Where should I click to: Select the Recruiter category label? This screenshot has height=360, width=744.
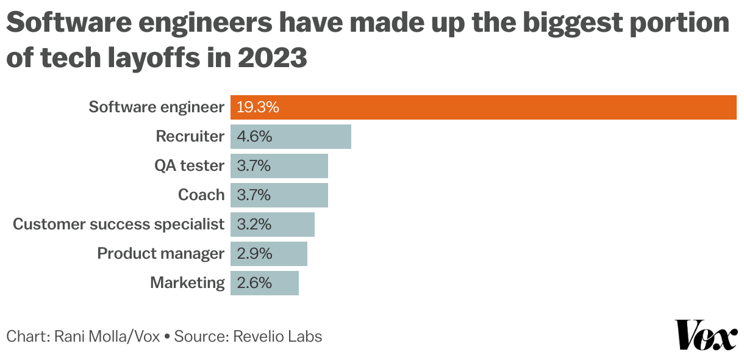tap(190, 136)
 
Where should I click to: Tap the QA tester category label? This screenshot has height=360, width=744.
tap(190, 165)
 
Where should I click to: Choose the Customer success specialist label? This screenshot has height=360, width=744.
tap(119, 224)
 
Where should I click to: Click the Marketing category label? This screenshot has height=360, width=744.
tap(187, 283)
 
